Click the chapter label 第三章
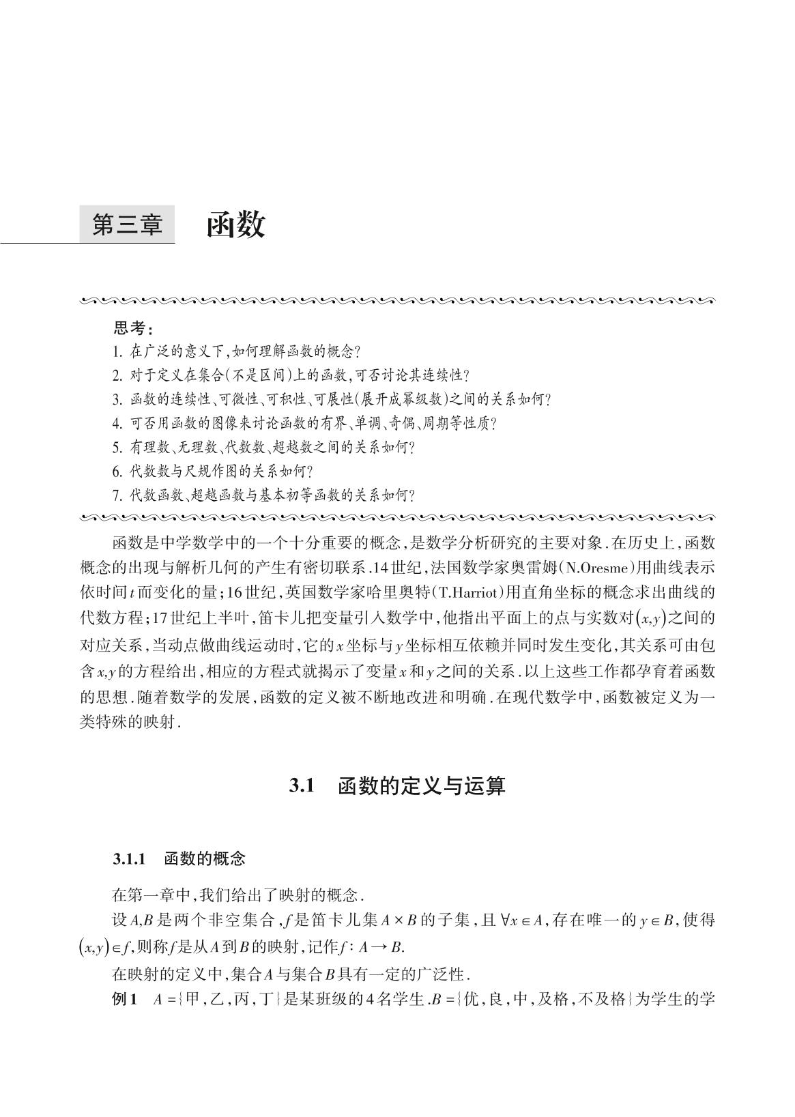point(128,224)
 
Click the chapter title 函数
point(235,224)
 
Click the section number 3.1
point(300,786)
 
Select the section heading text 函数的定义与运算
point(422,786)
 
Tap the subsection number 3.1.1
point(130,859)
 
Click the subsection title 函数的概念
point(205,859)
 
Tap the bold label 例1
point(125,1000)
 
